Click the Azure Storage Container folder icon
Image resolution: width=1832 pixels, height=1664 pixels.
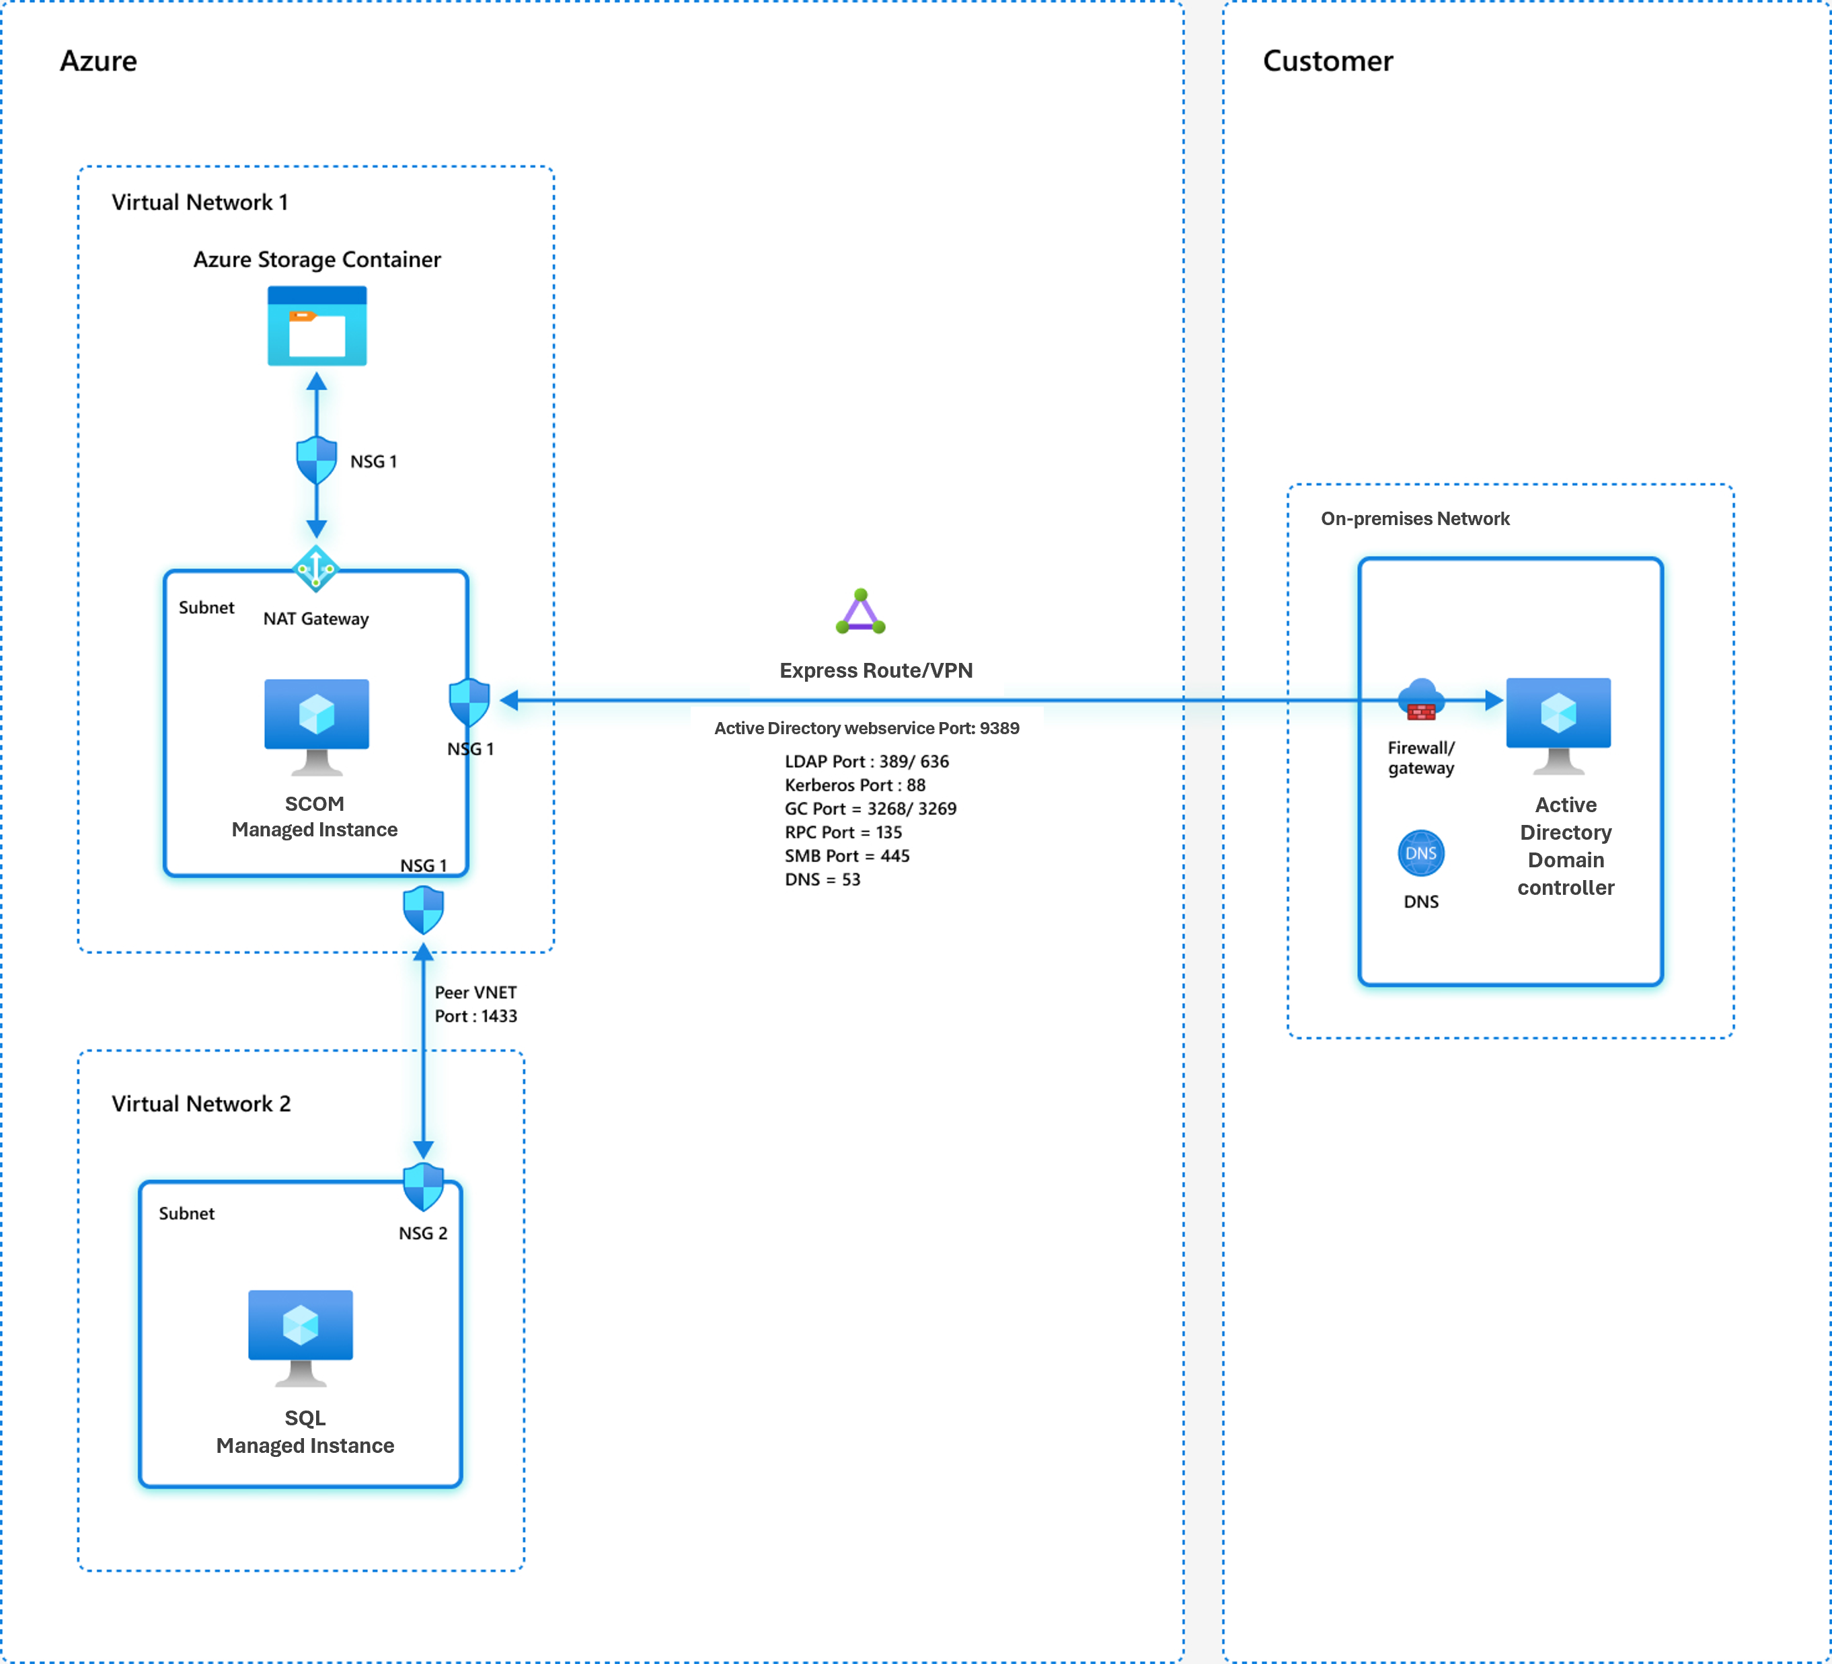[x=316, y=326]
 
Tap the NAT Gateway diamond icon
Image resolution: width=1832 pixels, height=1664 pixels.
[x=316, y=569]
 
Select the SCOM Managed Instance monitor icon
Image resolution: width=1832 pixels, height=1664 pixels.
[x=316, y=725]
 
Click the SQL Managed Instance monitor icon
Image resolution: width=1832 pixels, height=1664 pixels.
[x=300, y=1336]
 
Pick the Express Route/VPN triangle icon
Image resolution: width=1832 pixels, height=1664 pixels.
[x=860, y=612]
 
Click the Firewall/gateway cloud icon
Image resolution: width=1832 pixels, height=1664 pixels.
[x=1420, y=699]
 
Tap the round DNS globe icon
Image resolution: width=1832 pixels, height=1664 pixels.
[x=1420, y=853]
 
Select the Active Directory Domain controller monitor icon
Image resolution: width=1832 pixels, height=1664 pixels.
[x=1558, y=724]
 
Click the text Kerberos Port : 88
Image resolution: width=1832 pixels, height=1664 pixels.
[x=854, y=785]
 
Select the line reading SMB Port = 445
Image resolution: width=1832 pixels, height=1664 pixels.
[x=846, y=856]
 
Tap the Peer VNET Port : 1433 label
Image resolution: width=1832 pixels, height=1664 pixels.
[x=475, y=1004]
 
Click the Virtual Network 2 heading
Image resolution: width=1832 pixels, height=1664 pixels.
[x=201, y=1103]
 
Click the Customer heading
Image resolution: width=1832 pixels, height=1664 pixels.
[x=1327, y=61]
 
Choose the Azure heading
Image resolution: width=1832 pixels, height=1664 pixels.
[x=98, y=61]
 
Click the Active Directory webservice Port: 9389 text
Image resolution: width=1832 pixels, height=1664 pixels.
[x=866, y=727]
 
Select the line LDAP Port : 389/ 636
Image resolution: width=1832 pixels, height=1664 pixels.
[x=866, y=761]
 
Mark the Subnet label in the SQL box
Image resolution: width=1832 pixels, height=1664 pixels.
[x=186, y=1214]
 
